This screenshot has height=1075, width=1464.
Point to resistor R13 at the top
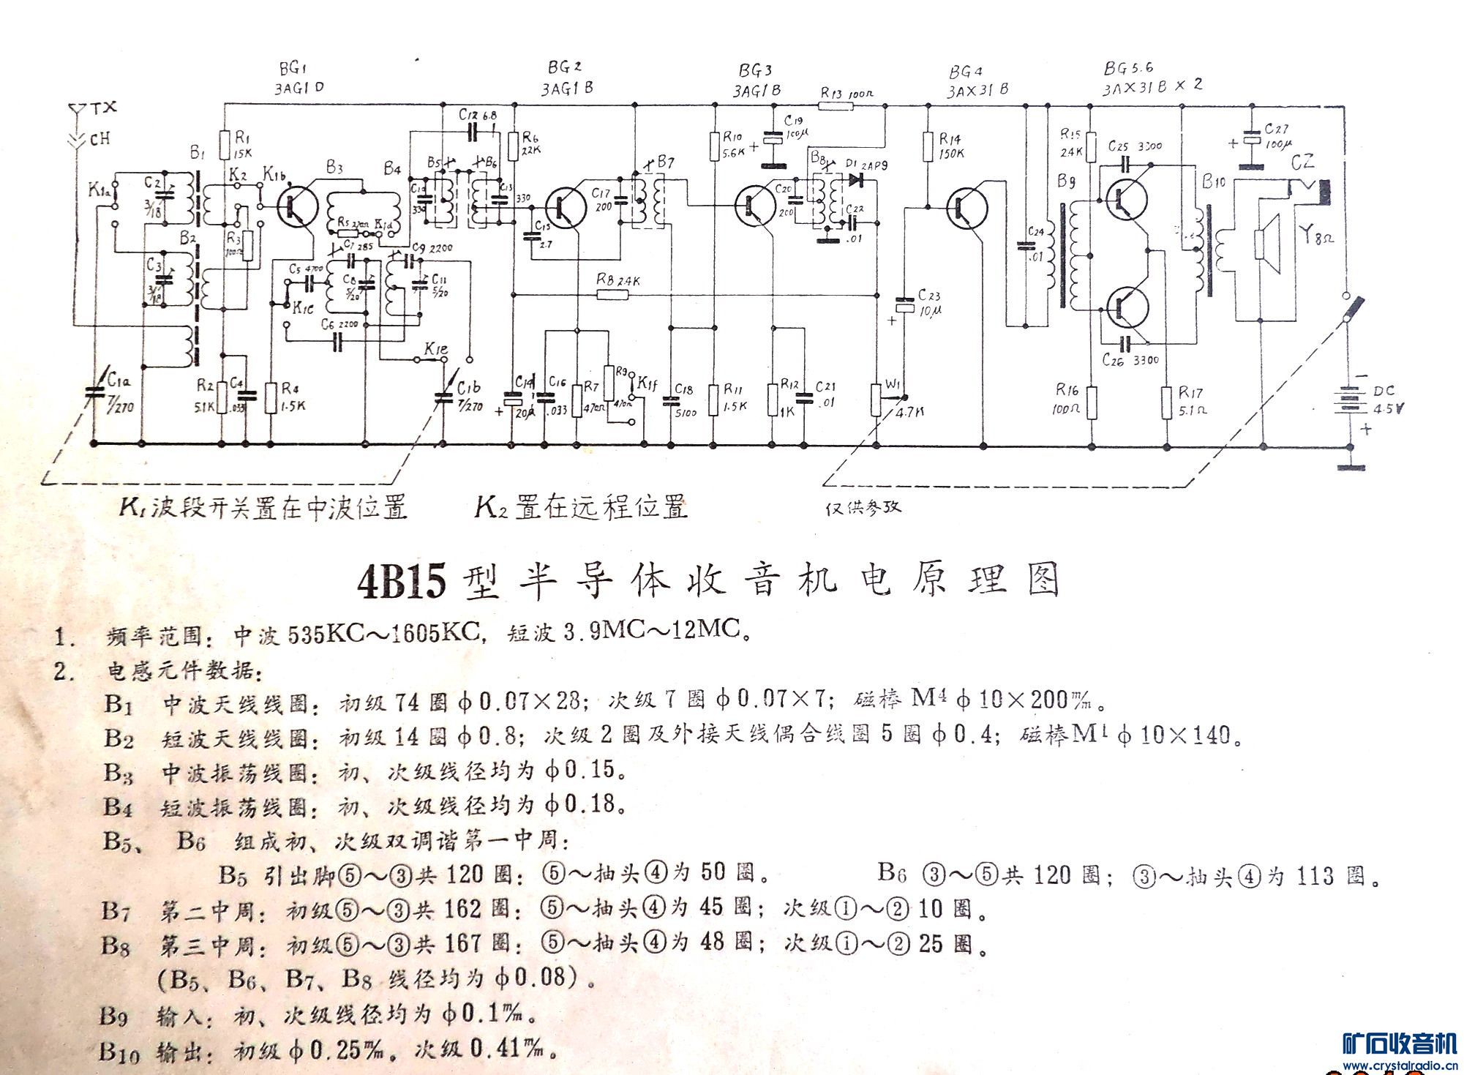click(x=835, y=107)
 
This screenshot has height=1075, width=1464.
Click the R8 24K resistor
click(x=612, y=295)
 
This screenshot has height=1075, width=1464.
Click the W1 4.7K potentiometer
click(x=877, y=400)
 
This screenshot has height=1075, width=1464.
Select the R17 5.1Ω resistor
click(x=1167, y=403)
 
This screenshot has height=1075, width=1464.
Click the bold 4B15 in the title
click(x=401, y=583)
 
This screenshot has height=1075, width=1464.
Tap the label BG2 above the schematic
click(x=564, y=68)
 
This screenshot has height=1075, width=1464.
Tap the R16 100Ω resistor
click(x=1091, y=403)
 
